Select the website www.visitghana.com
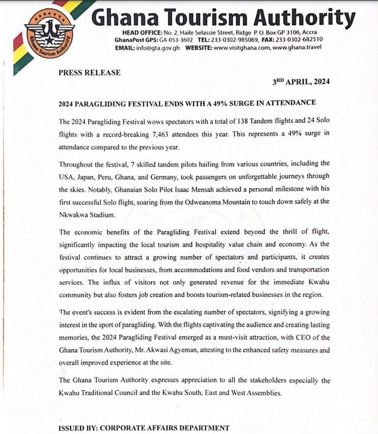(242, 48)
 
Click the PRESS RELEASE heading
(90, 73)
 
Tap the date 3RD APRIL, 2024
(301, 82)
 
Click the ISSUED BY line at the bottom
(144, 428)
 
